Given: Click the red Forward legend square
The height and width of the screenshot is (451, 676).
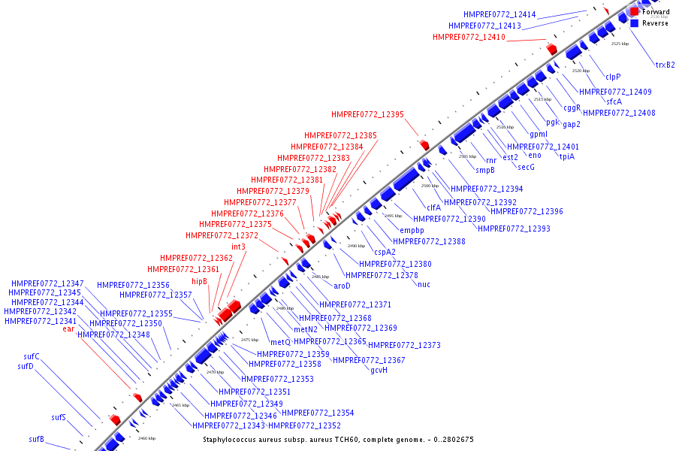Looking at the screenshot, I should [635, 12].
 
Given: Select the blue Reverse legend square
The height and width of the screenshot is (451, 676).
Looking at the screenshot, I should [635, 23].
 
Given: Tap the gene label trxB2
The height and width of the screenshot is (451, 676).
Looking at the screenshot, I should [665, 65].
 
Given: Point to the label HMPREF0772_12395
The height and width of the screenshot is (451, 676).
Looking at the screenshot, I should [367, 115].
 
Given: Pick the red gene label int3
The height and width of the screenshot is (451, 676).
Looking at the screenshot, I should [238, 247].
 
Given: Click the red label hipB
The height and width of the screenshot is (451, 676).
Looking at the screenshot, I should [199, 281].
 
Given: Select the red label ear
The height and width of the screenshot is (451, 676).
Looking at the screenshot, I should [68, 329].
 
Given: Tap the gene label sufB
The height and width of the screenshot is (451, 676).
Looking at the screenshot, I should [37, 439].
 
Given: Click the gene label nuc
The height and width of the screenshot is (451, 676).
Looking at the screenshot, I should [424, 284].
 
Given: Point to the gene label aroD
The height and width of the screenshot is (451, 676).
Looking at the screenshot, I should [342, 286].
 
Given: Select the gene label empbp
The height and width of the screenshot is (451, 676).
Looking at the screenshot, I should [412, 230].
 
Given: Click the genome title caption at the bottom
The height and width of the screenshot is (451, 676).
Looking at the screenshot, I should [338, 440].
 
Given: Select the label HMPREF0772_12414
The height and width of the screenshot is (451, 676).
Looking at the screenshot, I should [499, 14].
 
